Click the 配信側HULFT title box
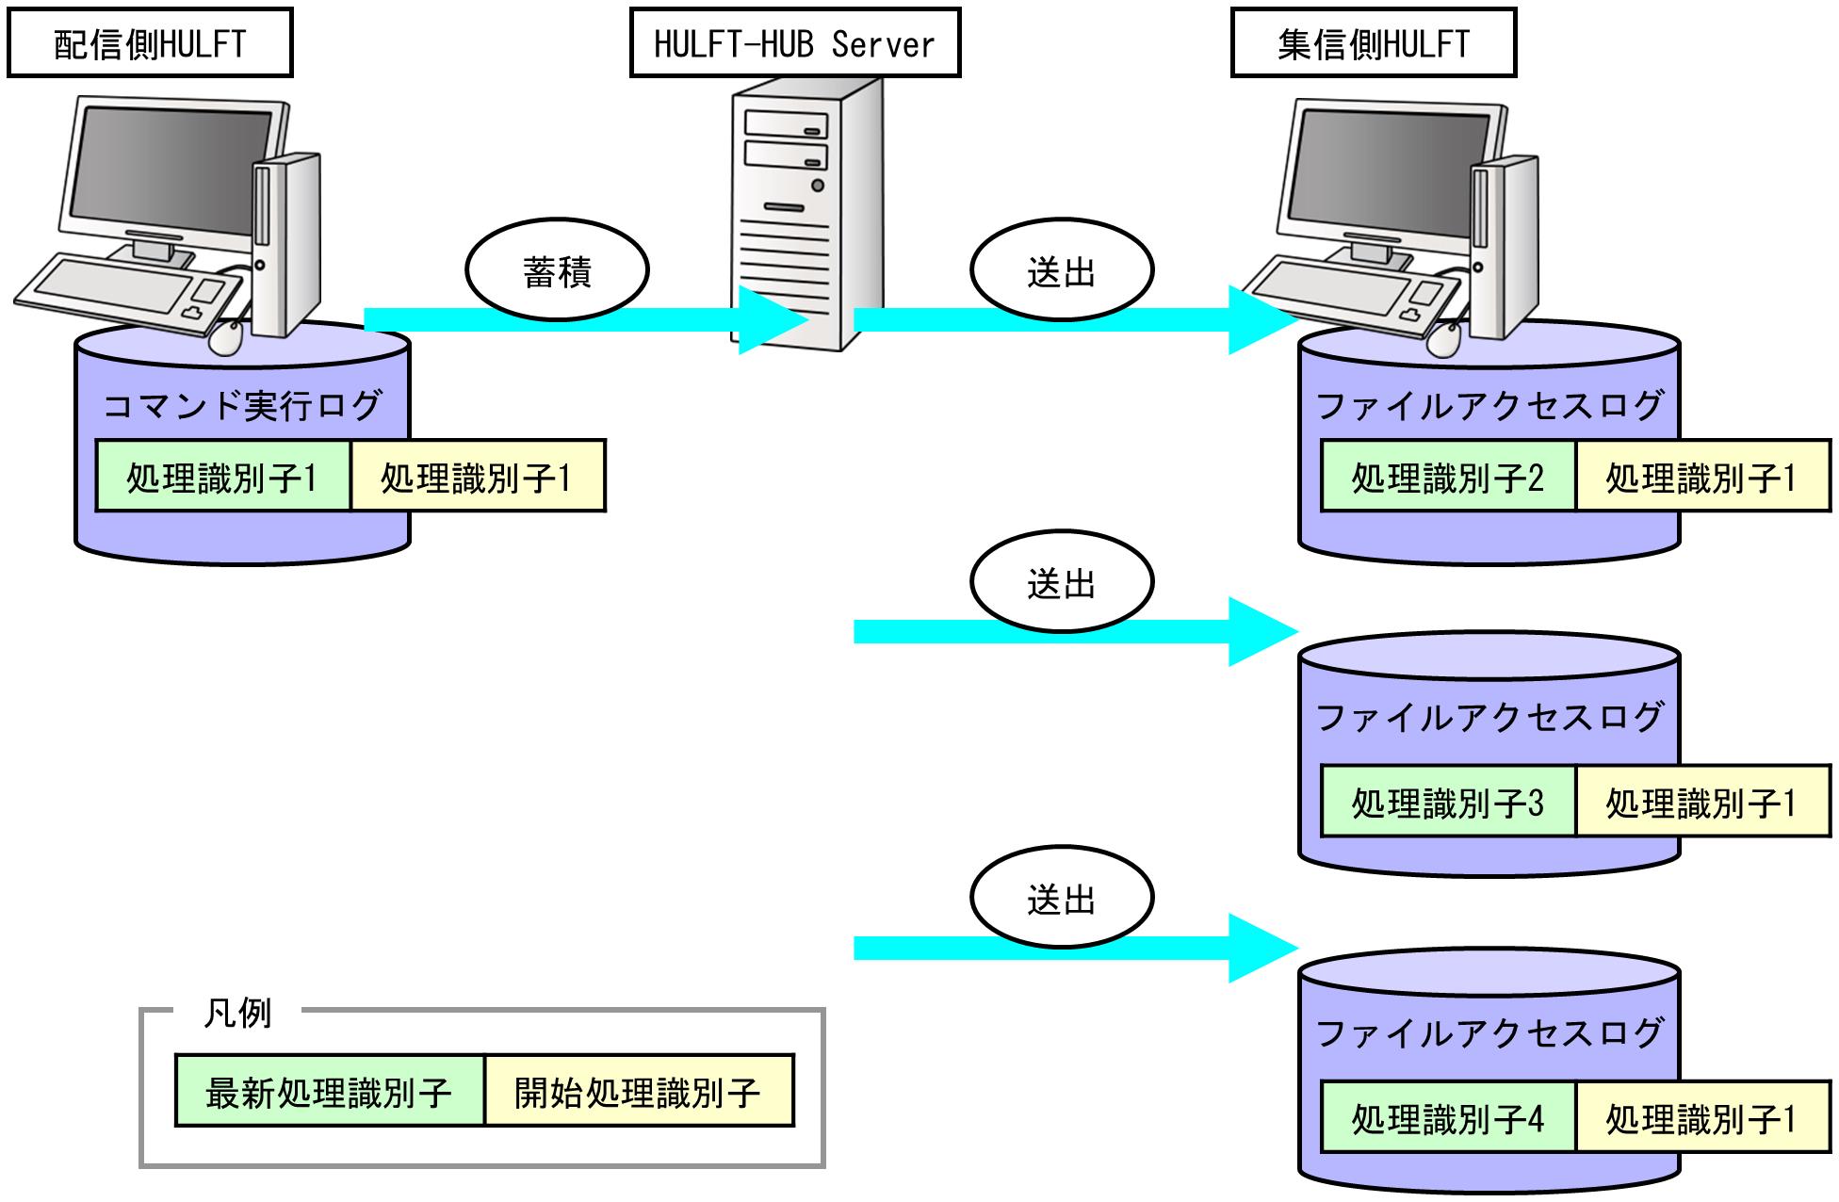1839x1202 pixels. tap(150, 43)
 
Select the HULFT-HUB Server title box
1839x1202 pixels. tap(795, 43)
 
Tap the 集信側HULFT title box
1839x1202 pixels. tap(1374, 43)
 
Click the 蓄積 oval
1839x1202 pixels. tap(557, 271)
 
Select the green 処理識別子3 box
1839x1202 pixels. tap(1448, 803)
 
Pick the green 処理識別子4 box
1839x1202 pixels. tap(1448, 1118)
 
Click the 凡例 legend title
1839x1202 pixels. tap(237, 1014)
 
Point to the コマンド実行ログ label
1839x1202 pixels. tap(241, 405)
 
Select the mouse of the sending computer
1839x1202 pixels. tap(226, 337)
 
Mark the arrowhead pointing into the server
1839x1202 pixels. tap(771, 320)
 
